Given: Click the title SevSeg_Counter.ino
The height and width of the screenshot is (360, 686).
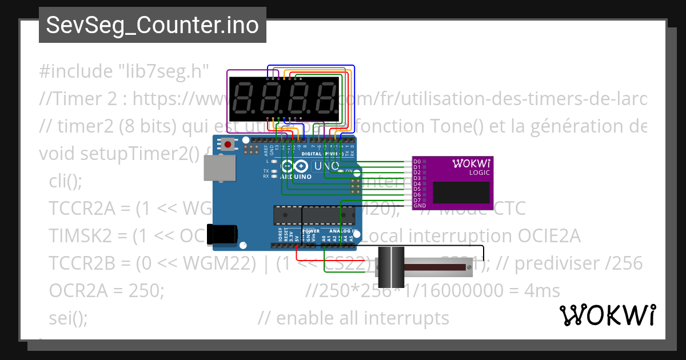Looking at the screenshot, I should [152, 25].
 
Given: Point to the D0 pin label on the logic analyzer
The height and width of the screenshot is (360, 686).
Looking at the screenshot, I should [417, 162].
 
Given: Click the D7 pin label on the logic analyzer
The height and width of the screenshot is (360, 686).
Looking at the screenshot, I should [417, 200].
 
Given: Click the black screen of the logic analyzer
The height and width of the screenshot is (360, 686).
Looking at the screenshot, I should [461, 193].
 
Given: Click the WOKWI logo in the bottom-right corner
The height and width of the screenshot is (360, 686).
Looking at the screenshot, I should [607, 315].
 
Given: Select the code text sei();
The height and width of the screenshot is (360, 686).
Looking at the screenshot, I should [69, 318].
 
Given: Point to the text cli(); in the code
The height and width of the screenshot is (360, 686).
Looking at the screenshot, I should [66, 181].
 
